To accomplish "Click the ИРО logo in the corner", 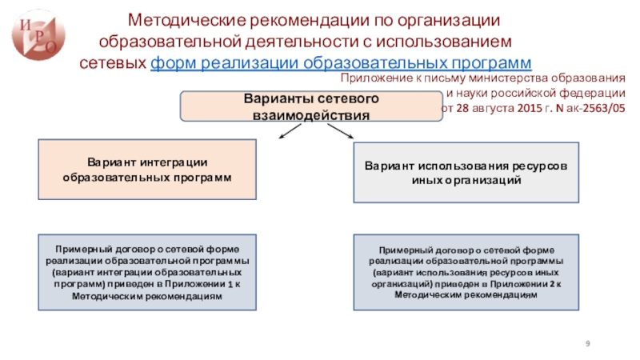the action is point(37,33).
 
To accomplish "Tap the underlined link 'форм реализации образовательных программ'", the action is point(341,62).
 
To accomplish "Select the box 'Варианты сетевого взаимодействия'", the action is point(310,106).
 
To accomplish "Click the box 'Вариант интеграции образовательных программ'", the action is point(147,170).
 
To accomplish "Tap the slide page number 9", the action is point(589,342).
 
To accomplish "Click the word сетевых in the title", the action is point(116,62).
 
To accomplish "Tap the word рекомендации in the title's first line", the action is point(290,18).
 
